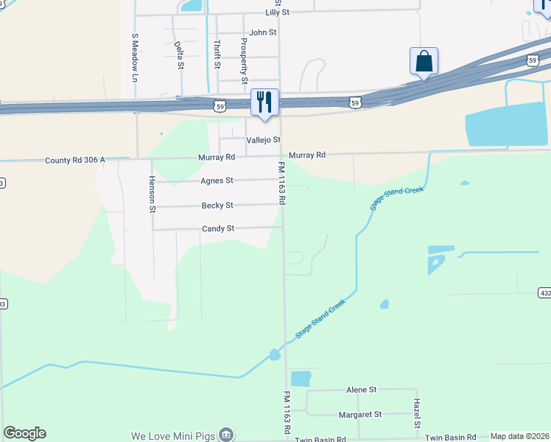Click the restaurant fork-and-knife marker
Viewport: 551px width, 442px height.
[265, 102]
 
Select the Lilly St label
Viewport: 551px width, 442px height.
[279, 13]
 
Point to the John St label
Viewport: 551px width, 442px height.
[262, 32]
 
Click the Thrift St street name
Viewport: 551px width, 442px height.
[217, 54]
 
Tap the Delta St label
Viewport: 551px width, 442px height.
[179, 55]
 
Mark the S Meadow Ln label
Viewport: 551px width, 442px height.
[135, 57]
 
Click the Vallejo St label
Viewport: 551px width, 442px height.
[264, 140]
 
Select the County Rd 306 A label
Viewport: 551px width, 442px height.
[75, 160]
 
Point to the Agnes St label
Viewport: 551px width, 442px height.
[217, 180]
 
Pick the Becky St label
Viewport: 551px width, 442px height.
[217, 206]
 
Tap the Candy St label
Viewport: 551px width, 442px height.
[218, 229]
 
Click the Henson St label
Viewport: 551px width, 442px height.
[152, 194]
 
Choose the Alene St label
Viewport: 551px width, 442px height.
[362, 389]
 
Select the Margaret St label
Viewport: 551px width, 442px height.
[360, 415]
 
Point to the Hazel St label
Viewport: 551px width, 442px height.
[416, 413]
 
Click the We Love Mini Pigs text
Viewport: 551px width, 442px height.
[173, 436]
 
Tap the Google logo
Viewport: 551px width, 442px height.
[24, 433]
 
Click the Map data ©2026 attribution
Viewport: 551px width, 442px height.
[519, 436]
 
